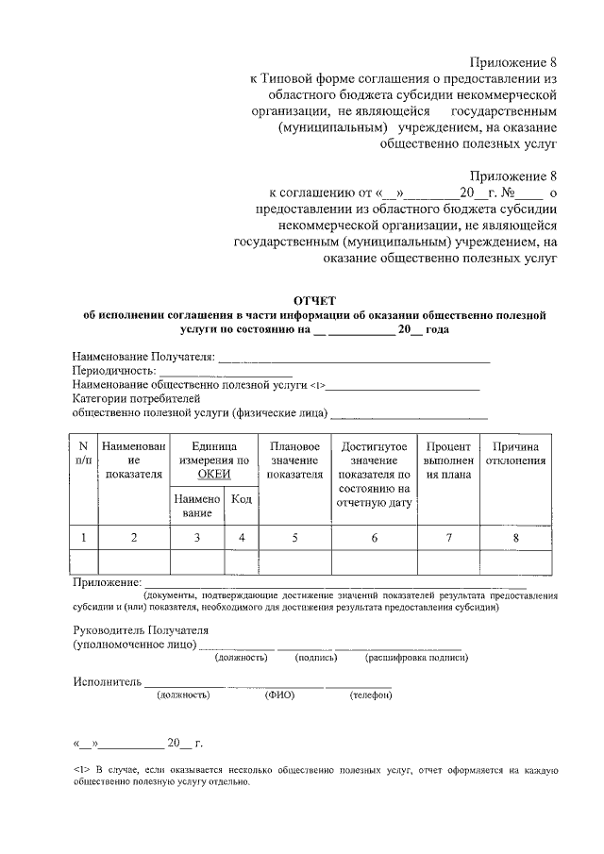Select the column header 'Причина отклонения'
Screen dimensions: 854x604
515,454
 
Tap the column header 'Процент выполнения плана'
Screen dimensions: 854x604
448,460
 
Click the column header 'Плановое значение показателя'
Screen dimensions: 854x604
294,460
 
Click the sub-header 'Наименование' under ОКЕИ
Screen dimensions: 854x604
196,505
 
